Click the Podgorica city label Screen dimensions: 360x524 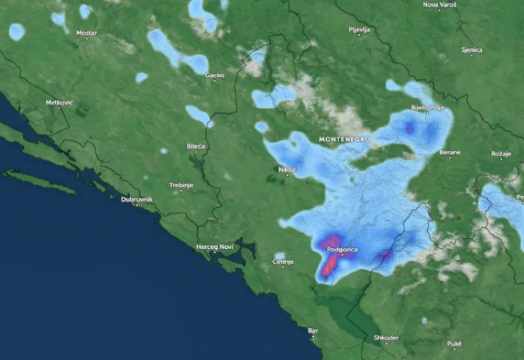click(x=342, y=250)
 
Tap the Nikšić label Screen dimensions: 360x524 click(x=288, y=168)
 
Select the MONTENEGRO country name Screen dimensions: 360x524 click(x=345, y=139)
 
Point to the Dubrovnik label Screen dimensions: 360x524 click(x=136, y=199)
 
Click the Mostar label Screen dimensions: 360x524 click(x=86, y=33)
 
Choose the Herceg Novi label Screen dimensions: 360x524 click(x=216, y=246)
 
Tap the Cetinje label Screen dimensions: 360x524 click(x=282, y=262)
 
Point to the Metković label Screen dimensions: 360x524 click(x=59, y=102)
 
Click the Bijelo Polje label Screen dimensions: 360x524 click(x=428, y=108)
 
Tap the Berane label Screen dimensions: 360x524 click(x=450, y=152)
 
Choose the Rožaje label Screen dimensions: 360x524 click(x=501, y=153)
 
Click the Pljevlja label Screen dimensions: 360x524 click(x=359, y=30)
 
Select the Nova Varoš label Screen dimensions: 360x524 click(x=440, y=5)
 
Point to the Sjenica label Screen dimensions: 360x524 click(x=471, y=50)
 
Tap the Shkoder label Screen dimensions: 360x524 click(x=386, y=337)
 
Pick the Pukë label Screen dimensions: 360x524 click(x=454, y=343)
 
